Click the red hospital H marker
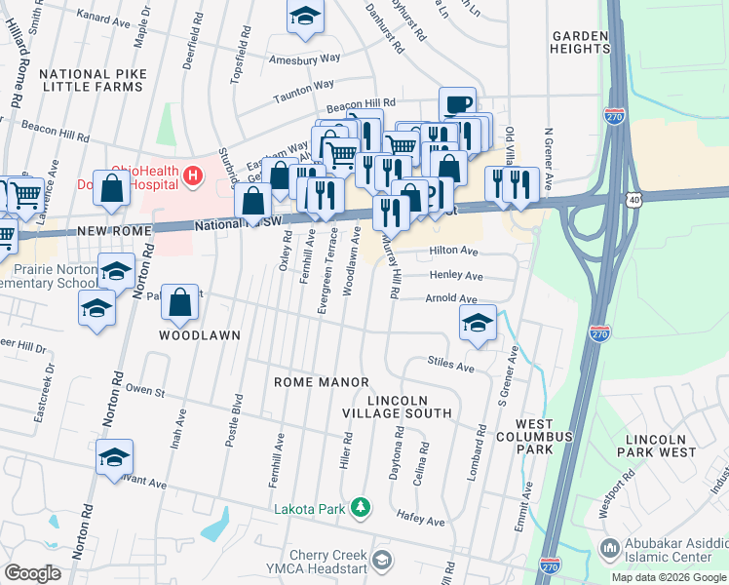[x=193, y=175]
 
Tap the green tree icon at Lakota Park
[x=362, y=507]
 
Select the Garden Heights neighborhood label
[x=580, y=42]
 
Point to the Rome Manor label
[x=321, y=382]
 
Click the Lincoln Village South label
[x=409, y=407]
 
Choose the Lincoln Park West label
[x=661, y=446]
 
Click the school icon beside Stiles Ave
[x=478, y=324]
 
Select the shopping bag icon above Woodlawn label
[x=180, y=302]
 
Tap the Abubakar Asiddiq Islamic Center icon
[x=610, y=547]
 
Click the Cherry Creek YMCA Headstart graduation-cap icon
[x=382, y=559]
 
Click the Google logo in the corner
[x=32, y=573]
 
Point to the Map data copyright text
[x=669, y=577]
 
